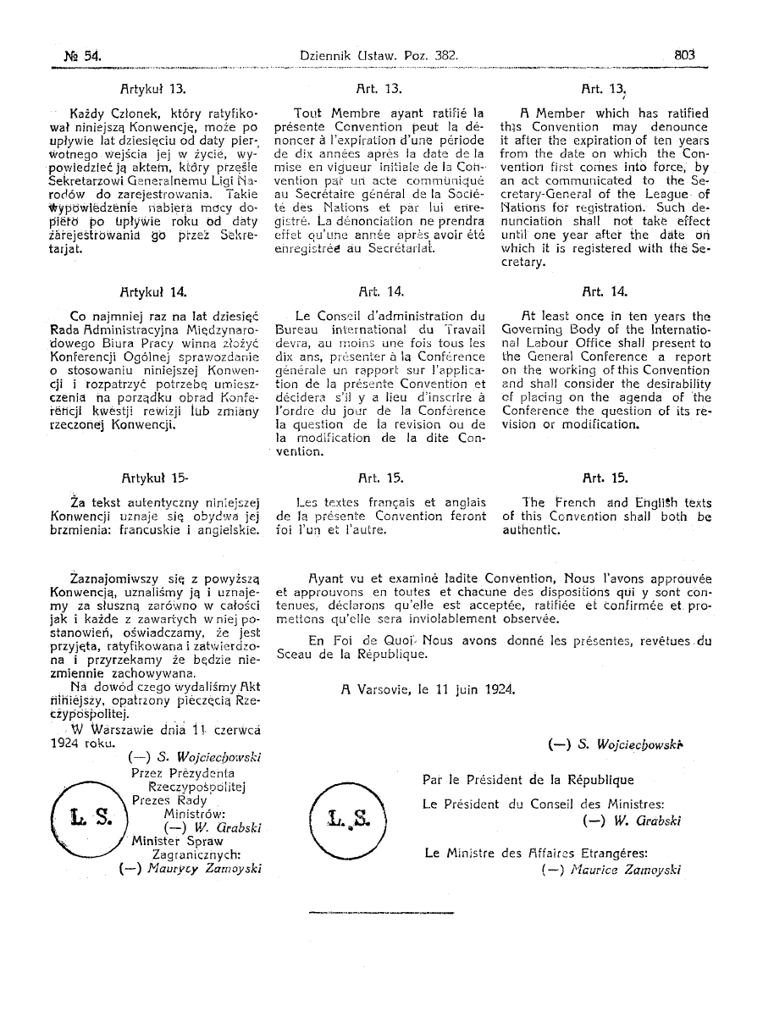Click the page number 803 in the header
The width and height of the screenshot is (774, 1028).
(x=684, y=55)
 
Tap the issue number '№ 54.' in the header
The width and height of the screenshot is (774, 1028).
(x=74, y=56)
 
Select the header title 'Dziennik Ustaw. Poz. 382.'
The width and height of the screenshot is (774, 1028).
(x=379, y=55)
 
